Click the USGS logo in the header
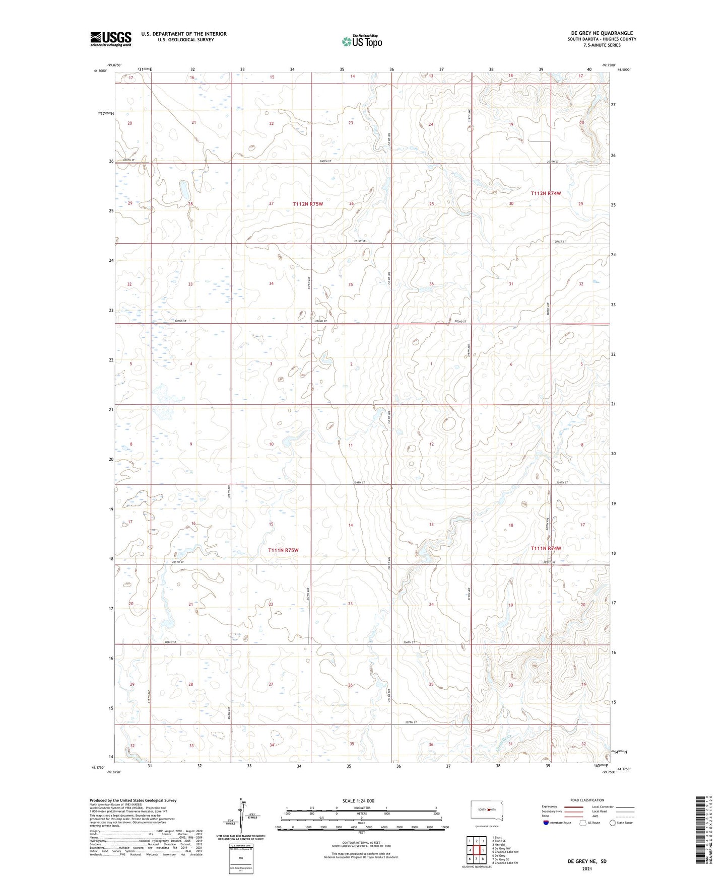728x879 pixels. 110,39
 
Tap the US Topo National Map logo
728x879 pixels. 362,41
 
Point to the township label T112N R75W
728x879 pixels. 307,204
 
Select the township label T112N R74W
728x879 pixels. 546,193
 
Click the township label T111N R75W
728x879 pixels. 283,550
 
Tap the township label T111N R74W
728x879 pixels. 546,548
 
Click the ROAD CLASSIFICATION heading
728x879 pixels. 587,800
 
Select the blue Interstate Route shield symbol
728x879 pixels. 546,823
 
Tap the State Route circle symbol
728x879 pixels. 613,823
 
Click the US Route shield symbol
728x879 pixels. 583,823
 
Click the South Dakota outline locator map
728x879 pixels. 486,810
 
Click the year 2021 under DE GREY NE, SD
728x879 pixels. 586,868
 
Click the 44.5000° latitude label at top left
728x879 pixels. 100,70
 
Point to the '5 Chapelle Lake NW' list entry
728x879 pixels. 505,852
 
